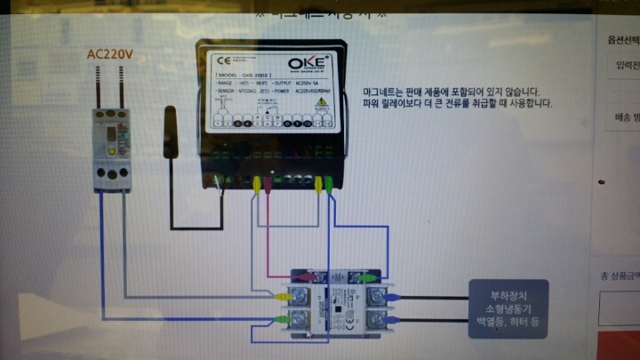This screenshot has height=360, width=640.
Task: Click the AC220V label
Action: (x=109, y=53)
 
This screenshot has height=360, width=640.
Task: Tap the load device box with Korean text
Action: (x=508, y=308)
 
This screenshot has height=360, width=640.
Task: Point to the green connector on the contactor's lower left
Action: (x=283, y=317)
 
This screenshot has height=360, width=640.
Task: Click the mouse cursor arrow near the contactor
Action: (x=308, y=334)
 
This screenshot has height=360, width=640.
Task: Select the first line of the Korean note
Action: (x=451, y=92)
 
